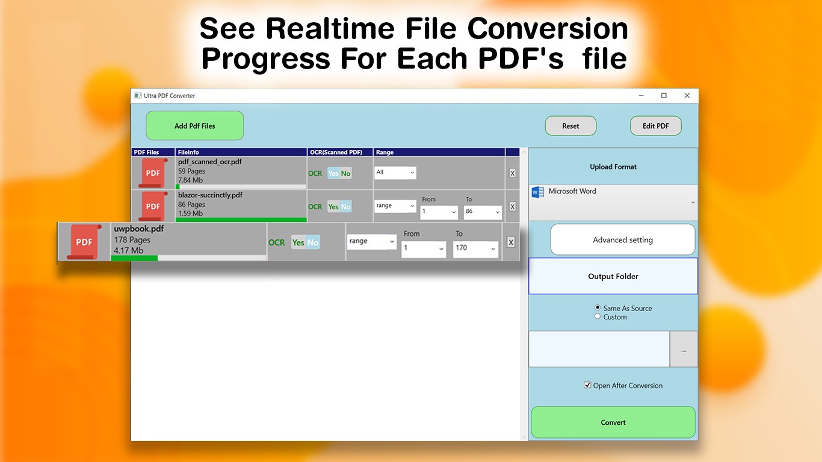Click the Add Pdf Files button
pyautogui.click(x=194, y=126)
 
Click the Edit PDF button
pyautogui.click(x=655, y=126)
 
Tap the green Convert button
pyautogui.click(x=613, y=422)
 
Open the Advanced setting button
pyautogui.click(x=622, y=240)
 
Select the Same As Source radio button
pyautogui.click(x=598, y=307)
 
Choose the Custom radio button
pyautogui.click(x=598, y=316)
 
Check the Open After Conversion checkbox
pyautogui.click(x=587, y=385)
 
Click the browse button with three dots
pyautogui.click(x=684, y=350)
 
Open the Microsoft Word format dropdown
pyautogui.click(x=613, y=202)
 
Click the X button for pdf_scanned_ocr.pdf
pyautogui.click(x=512, y=173)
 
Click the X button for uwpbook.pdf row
pyautogui.click(x=510, y=242)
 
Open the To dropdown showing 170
pyautogui.click(x=475, y=248)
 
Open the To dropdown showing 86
pyautogui.click(x=483, y=212)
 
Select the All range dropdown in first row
pyautogui.click(x=395, y=173)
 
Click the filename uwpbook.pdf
pyautogui.click(x=138, y=229)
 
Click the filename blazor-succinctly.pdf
pyautogui.click(x=210, y=196)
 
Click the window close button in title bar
pyautogui.click(x=687, y=96)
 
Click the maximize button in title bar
pyautogui.click(x=664, y=96)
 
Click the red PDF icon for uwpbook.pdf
pyautogui.click(x=84, y=242)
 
